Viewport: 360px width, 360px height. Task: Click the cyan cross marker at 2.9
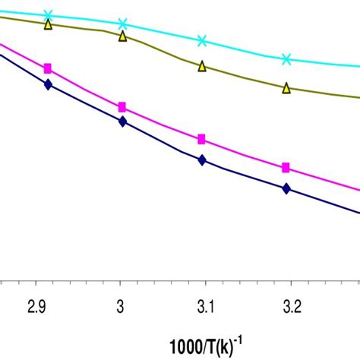pos(48,14)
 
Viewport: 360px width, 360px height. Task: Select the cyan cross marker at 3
pos(122,24)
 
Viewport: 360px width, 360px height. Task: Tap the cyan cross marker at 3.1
pos(202,41)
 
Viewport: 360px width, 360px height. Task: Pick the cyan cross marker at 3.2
pos(286,58)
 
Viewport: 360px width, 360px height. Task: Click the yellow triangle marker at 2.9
pos(48,24)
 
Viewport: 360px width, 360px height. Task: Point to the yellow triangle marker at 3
pos(122,36)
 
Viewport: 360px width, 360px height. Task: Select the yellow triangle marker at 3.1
pos(202,67)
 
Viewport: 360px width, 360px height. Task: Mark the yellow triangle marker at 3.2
pos(286,88)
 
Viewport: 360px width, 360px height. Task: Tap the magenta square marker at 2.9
pos(48,68)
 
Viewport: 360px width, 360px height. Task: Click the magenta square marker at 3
pos(122,107)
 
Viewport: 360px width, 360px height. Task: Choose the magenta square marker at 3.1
pos(202,139)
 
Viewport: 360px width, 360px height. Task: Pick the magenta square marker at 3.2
pos(286,168)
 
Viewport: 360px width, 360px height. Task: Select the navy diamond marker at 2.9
pos(48,84)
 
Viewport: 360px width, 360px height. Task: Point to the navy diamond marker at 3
pos(122,120)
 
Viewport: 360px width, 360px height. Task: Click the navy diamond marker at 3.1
pos(202,159)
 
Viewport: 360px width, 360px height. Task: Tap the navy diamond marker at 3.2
pos(286,188)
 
